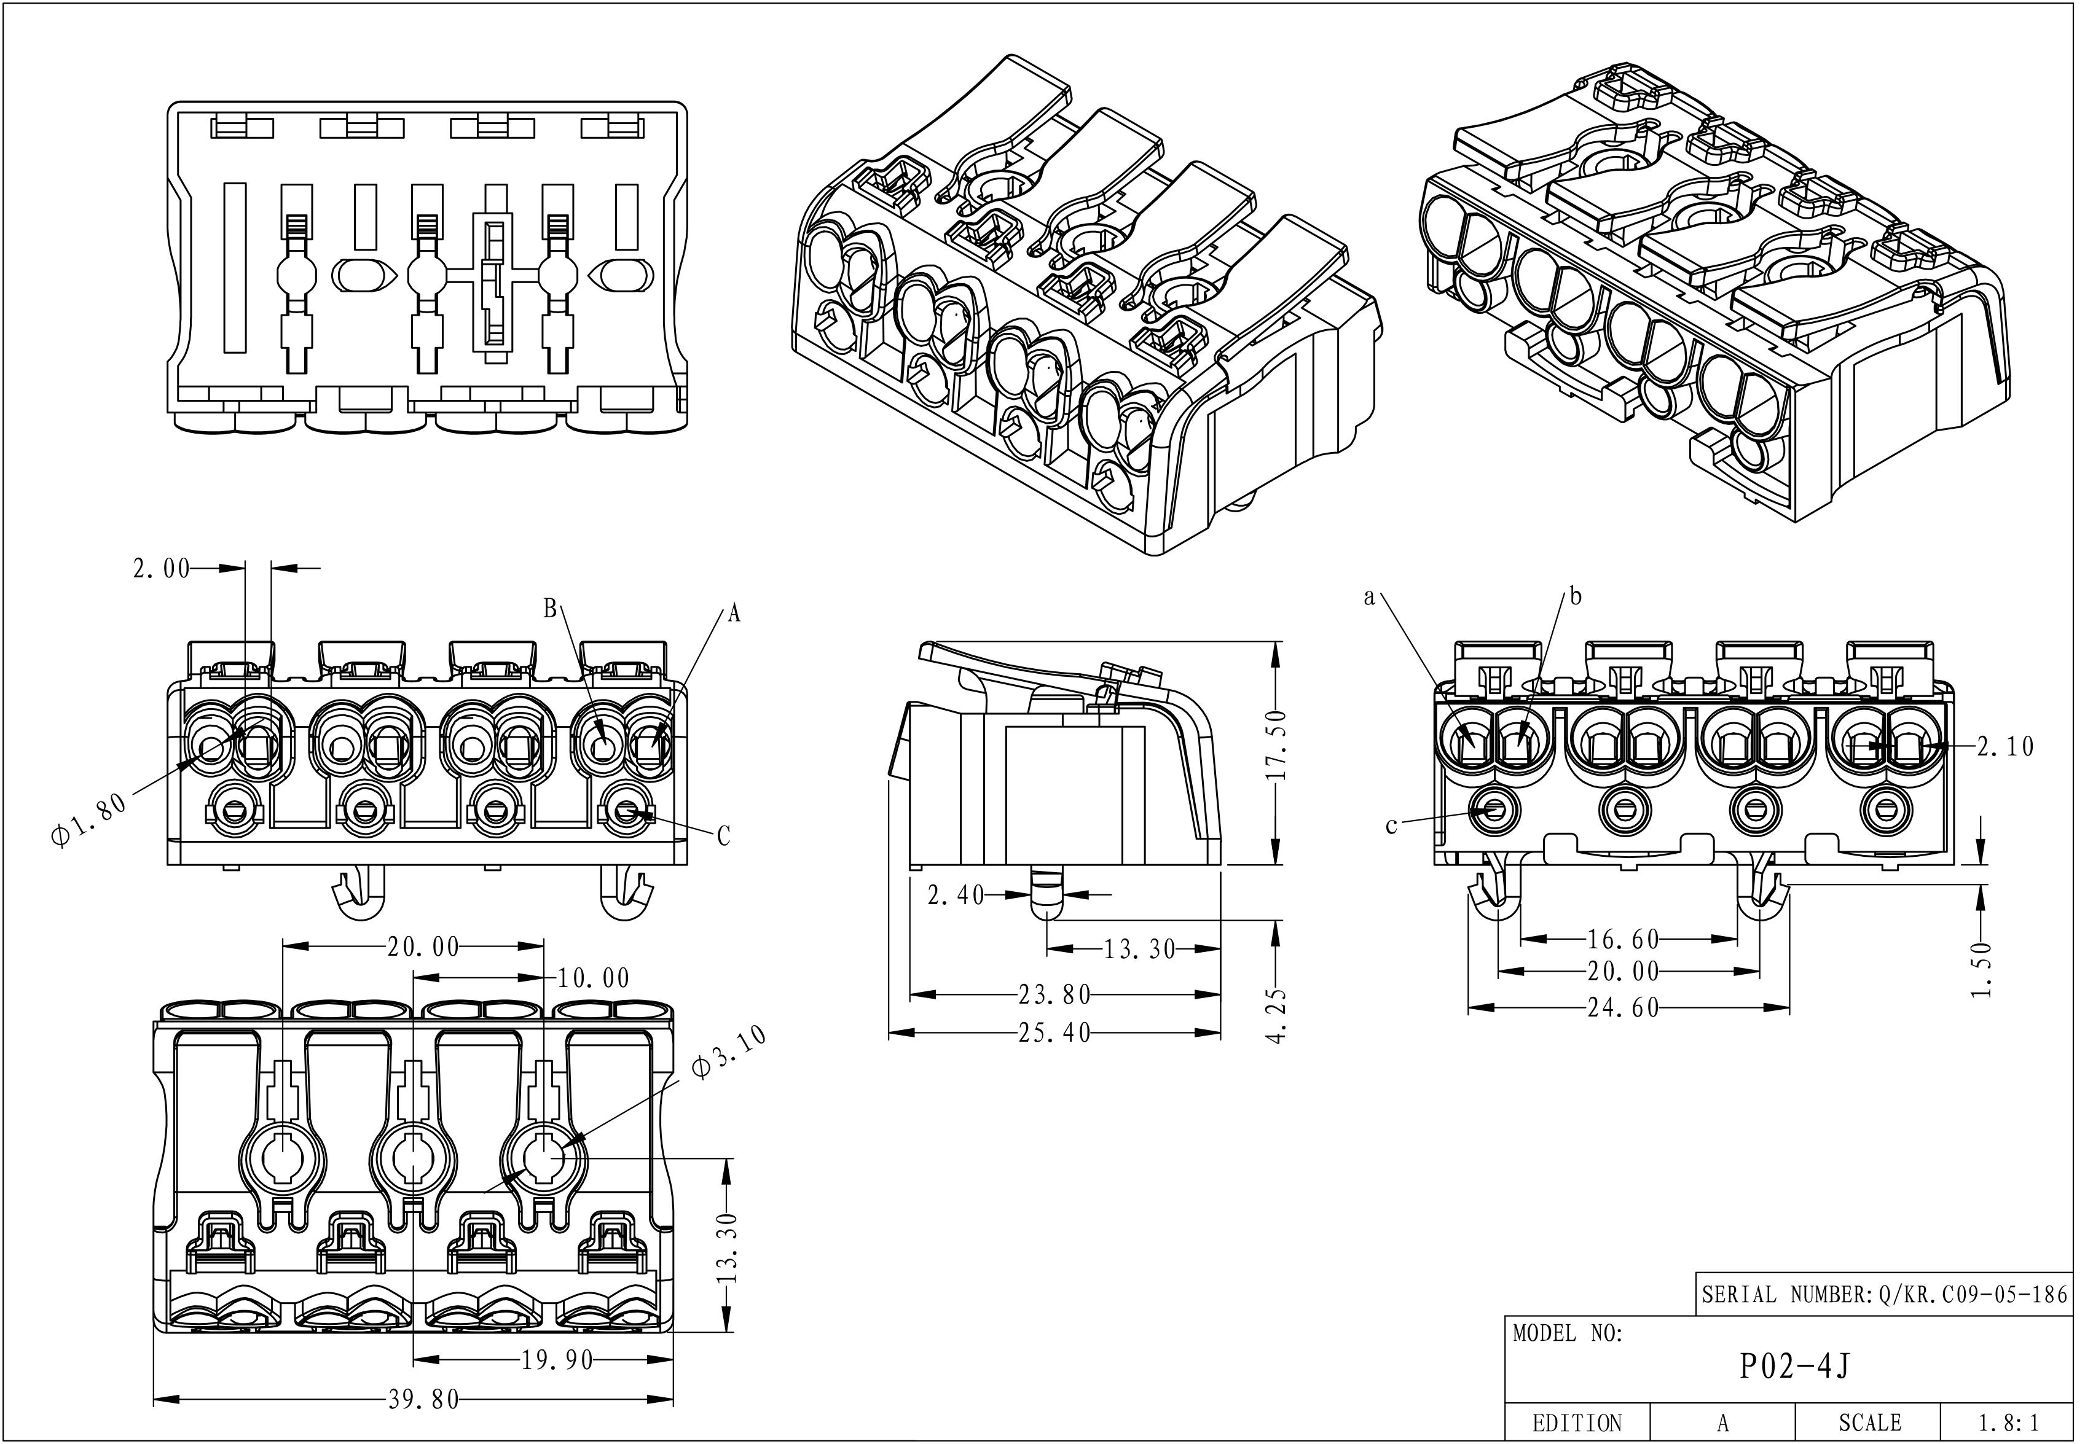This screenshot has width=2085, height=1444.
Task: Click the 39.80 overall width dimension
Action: point(423,1400)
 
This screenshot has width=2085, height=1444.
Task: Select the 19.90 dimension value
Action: point(557,1360)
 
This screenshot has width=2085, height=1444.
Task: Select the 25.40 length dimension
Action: point(1054,1032)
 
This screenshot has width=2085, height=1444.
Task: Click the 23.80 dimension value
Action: point(1054,995)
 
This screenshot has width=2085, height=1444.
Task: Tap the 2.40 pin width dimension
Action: point(956,895)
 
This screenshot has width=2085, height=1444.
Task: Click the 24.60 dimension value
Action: point(1624,1007)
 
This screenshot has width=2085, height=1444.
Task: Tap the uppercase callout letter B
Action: point(550,609)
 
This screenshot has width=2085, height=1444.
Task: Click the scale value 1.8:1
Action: point(2009,1423)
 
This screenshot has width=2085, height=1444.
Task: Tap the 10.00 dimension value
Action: point(593,978)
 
